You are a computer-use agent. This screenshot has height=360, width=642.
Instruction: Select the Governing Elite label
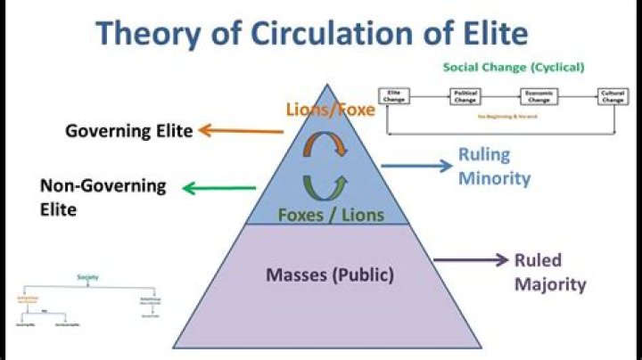(128, 132)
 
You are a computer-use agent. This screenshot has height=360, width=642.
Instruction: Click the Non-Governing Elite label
(103, 198)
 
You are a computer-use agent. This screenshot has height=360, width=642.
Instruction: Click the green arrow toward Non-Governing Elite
(219, 188)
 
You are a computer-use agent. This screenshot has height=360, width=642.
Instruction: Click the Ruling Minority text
(494, 167)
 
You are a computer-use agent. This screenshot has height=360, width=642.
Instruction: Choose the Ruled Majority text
(550, 273)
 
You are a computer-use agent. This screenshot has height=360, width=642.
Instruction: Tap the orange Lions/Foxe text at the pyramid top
(325, 110)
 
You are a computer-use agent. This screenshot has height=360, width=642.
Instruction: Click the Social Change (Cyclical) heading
(514, 67)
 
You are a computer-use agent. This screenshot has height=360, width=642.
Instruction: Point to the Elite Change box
(394, 96)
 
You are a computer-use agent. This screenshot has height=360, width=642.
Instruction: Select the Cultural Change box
(613, 96)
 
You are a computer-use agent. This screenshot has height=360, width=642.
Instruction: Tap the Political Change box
(465, 96)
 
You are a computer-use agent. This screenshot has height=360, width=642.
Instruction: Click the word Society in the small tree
(87, 277)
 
